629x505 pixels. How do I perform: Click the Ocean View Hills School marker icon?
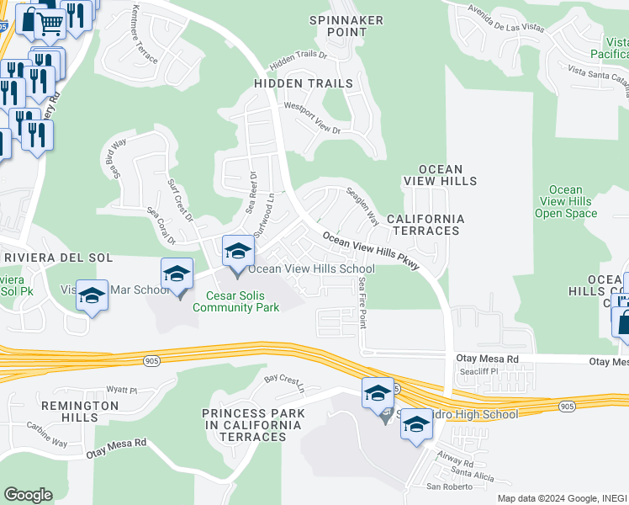(237, 251)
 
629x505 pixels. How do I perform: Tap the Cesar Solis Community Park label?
(235, 301)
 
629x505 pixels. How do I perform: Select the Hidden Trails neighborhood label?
(304, 83)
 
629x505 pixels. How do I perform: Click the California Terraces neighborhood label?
(424, 225)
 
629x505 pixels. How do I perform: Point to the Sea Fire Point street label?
(363, 302)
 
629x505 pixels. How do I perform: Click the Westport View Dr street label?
(312, 119)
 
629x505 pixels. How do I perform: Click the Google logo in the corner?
(28, 495)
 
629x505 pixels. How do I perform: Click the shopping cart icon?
(50, 22)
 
